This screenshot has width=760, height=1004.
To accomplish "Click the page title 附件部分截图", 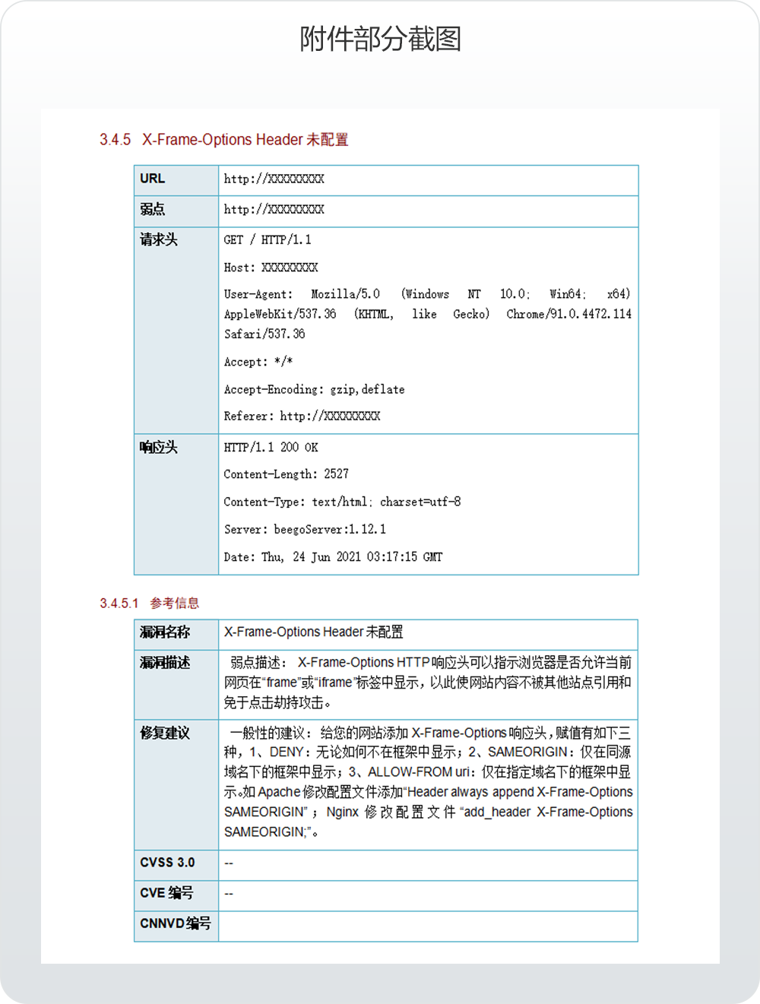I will [x=380, y=38].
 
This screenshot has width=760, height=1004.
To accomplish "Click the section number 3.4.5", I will [x=115, y=140].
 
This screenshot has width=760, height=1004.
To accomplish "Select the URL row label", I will [x=152, y=179].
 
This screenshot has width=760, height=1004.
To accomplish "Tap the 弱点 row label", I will [x=152, y=209].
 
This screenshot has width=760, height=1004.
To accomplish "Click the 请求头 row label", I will [x=158, y=239].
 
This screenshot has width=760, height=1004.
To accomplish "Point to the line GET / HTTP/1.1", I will [x=267, y=240].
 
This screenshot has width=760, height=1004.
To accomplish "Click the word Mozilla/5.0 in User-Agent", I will [x=345, y=294].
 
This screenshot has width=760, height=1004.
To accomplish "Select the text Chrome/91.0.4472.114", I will [x=568, y=314].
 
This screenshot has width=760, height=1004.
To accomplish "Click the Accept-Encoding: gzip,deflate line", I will [x=314, y=389].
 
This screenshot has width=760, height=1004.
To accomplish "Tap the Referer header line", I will [x=302, y=416].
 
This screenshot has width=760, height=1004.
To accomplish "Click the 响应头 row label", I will [x=158, y=448].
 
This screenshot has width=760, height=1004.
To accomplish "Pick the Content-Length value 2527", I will [x=336, y=474].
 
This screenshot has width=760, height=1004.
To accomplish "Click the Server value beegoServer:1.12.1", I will [x=329, y=530].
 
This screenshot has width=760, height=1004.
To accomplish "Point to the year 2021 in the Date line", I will [x=349, y=557].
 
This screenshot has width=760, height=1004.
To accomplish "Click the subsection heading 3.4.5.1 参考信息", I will [x=150, y=603].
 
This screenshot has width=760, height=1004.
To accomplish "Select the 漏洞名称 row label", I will [x=164, y=632].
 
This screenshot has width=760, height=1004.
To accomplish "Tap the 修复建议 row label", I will [x=164, y=733].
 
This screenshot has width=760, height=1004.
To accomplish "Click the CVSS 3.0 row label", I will [x=167, y=863].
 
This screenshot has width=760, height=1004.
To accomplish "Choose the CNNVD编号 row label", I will [x=175, y=923].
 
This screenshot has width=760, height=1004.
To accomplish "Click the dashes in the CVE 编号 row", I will [x=229, y=894].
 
